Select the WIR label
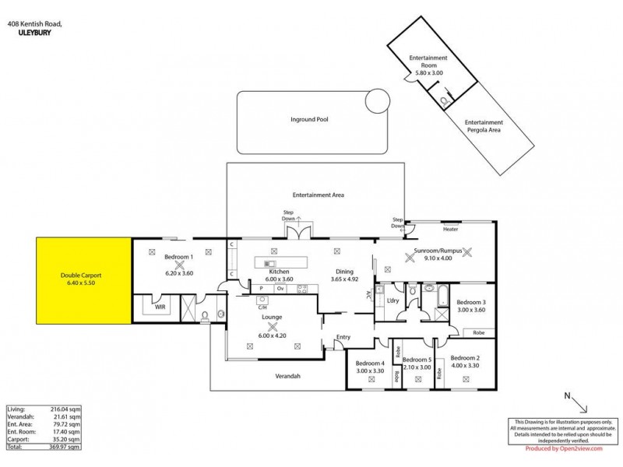[160, 307]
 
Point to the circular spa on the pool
[378, 100]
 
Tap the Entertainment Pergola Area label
[483, 126]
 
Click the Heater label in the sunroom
[449, 230]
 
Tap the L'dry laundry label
[392, 300]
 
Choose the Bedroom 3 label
[470, 302]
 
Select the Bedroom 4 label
[370, 363]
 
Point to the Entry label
[343, 337]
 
